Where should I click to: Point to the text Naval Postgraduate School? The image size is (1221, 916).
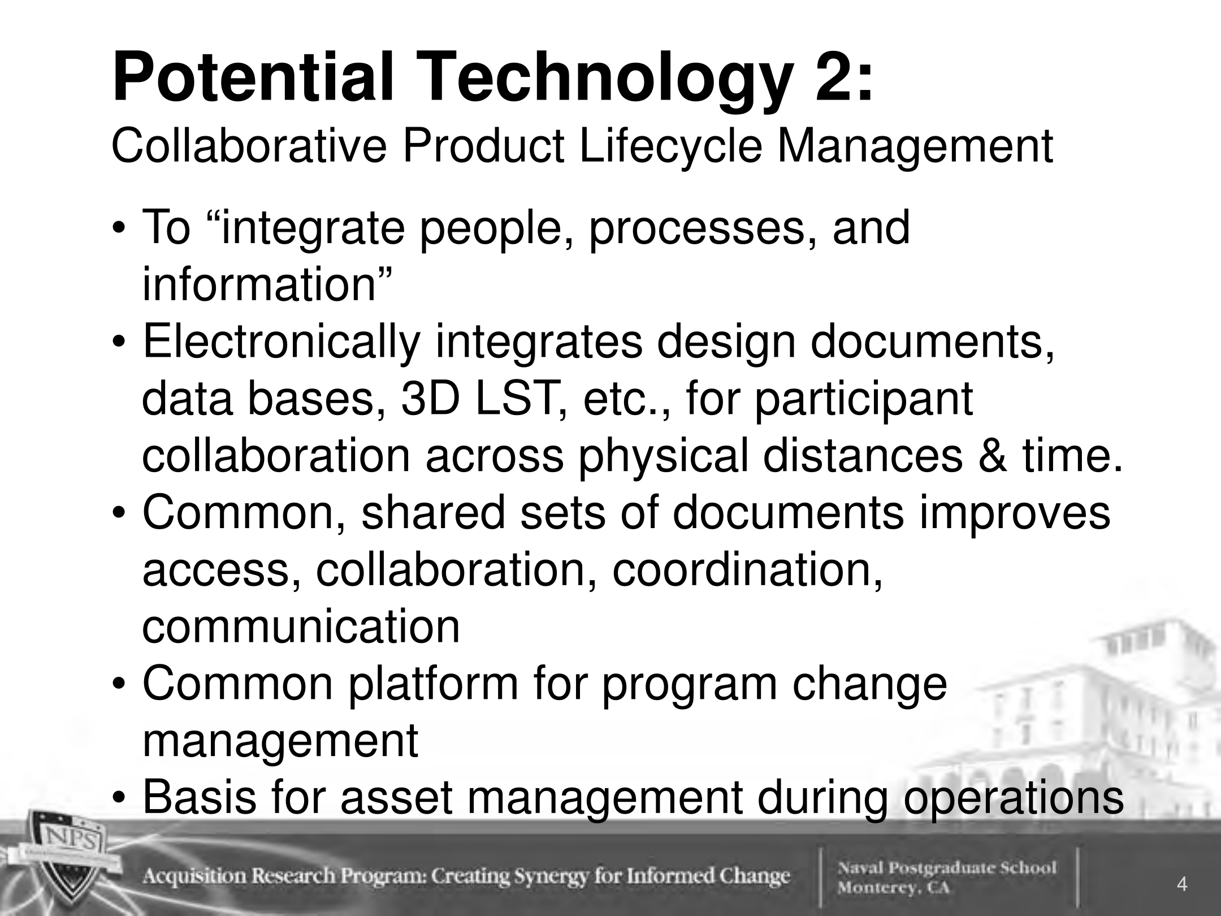947,867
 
